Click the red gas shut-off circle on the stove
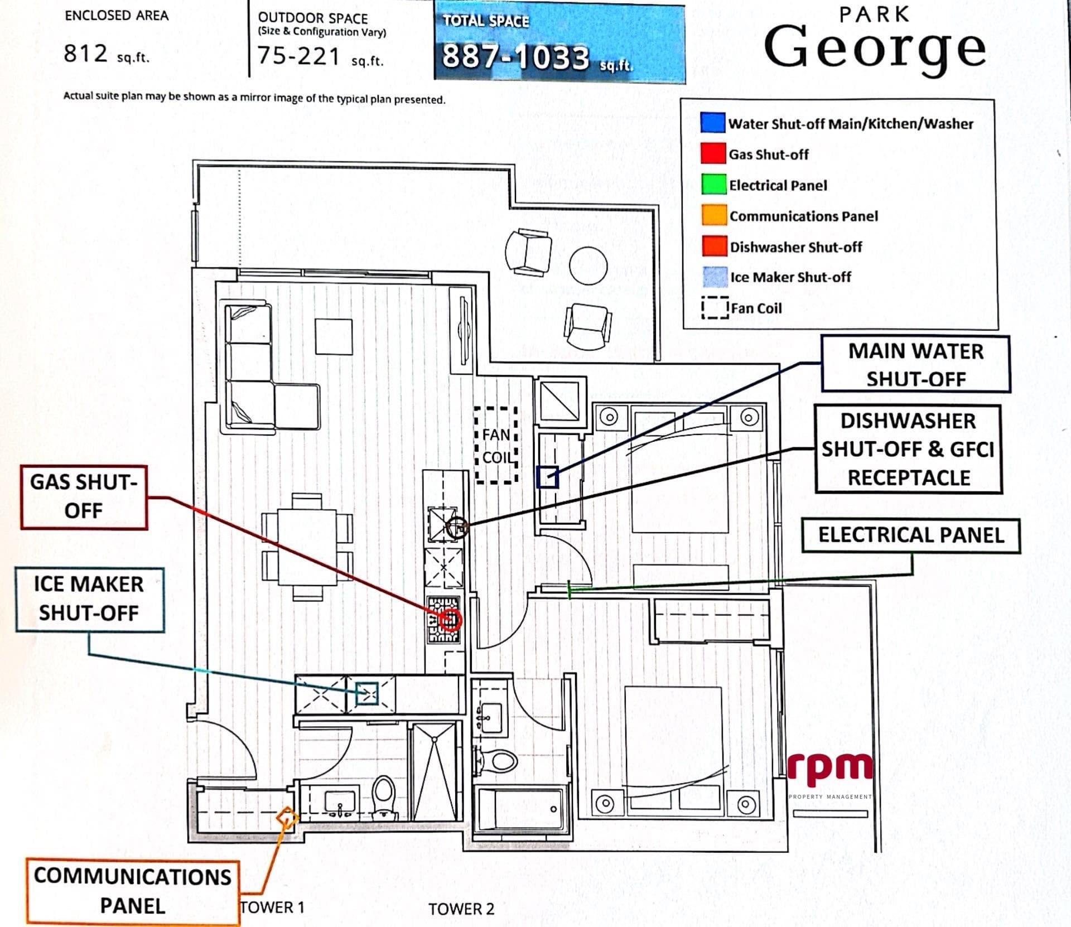point(451,619)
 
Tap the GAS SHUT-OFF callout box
point(84,497)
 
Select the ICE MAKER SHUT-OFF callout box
point(89,599)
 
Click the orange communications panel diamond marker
point(288,818)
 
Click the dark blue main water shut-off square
point(548,477)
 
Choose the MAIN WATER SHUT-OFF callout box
point(915,364)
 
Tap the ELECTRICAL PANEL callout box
point(911,535)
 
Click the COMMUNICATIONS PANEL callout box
point(133,891)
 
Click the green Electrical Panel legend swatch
point(714,185)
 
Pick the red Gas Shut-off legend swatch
point(713,153)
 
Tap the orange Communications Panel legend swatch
point(715,215)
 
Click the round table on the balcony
point(588,265)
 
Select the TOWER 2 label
point(461,909)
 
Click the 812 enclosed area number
point(85,54)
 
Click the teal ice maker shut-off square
point(367,693)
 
